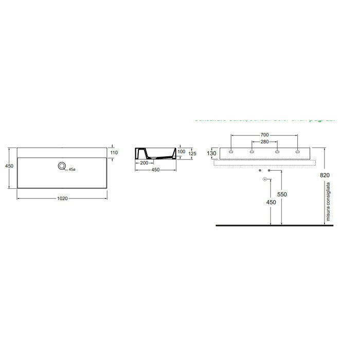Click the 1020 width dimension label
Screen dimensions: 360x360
63,198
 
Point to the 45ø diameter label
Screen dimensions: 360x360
73,169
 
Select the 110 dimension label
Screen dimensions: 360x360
114,153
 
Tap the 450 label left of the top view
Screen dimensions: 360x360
9,166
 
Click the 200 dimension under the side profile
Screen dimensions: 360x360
143,163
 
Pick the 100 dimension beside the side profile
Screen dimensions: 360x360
181,152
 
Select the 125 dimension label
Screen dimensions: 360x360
192,153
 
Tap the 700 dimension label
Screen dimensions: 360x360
264,135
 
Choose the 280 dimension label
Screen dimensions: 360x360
264,141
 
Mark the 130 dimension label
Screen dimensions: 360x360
212,153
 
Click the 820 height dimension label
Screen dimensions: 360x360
325,175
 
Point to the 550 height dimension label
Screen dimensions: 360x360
281,195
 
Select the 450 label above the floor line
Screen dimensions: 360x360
271,202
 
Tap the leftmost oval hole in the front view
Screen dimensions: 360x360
230,152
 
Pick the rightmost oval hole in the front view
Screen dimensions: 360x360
297,152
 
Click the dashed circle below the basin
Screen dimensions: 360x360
264,179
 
